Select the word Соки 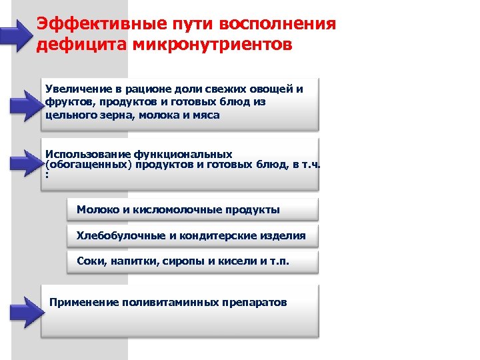[x=90, y=261]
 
